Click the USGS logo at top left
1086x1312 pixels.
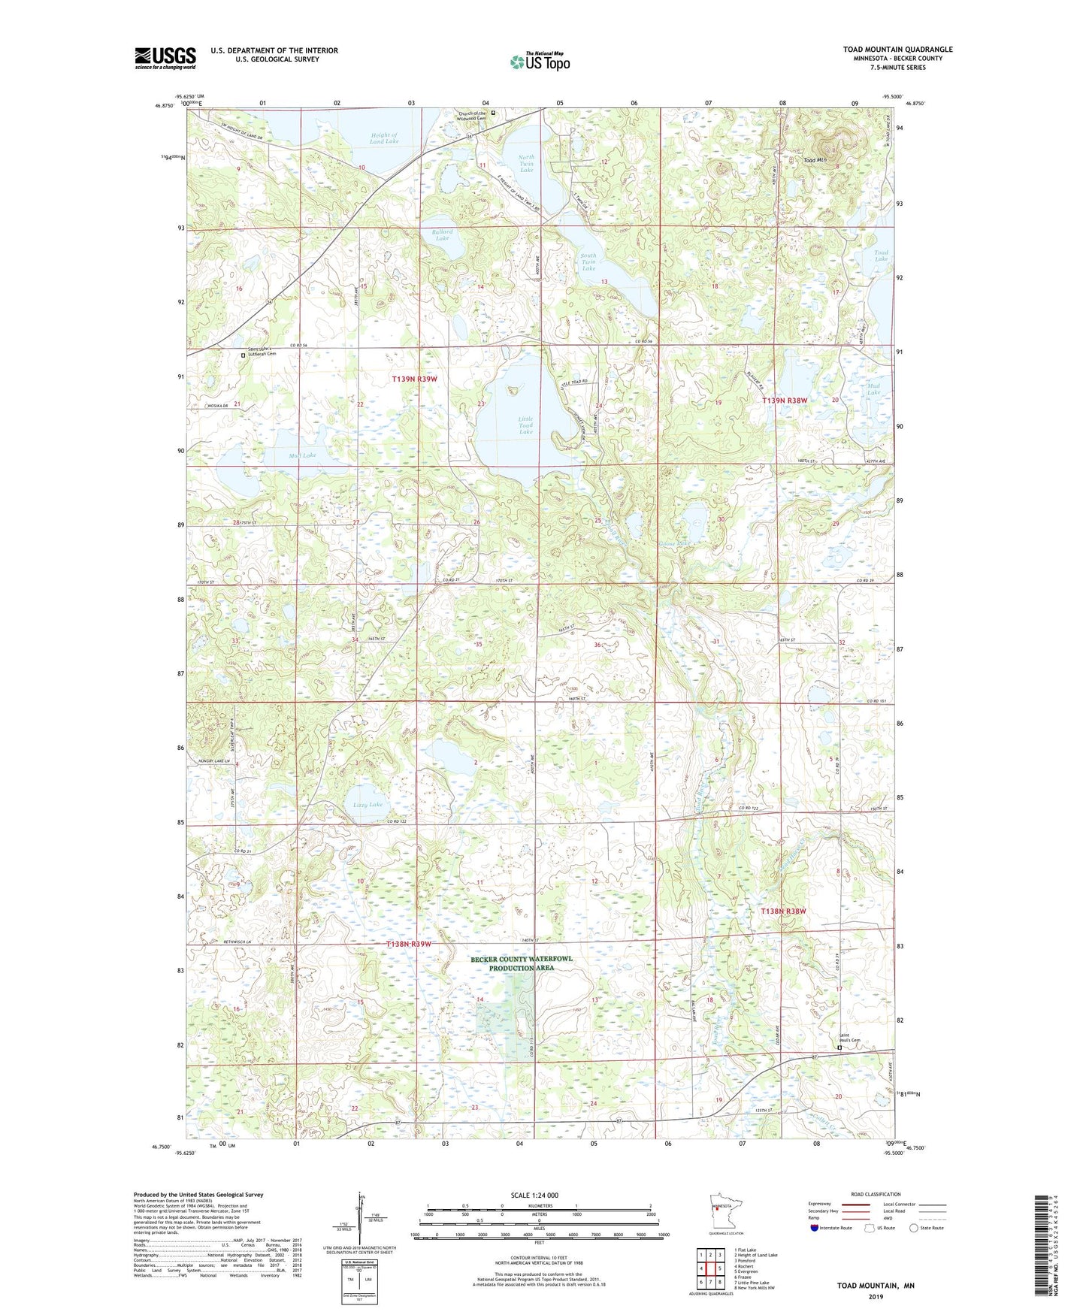[165, 58]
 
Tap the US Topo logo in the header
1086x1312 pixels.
[539, 62]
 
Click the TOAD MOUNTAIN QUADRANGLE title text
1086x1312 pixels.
[897, 50]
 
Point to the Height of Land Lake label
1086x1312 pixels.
[384, 138]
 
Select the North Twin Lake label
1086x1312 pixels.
[527, 164]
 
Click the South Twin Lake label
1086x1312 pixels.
[588, 261]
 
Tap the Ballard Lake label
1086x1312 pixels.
[443, 234]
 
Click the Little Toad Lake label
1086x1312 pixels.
[525, 425]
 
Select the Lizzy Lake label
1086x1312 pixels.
[368, 804]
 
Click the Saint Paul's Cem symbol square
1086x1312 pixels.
[839, 1047]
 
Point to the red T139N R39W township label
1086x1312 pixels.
[414, 379]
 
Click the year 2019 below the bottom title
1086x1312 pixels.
[876, 1296]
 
